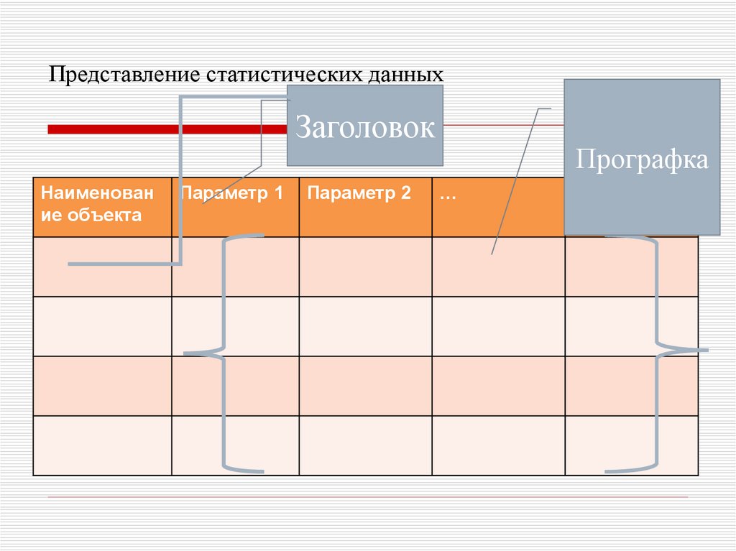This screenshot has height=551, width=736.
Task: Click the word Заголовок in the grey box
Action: pos(365,128)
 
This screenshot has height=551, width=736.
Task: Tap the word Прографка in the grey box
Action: pos(642,159)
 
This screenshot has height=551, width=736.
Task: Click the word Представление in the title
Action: pos(124,75)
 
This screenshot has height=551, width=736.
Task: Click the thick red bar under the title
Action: pos(165,129)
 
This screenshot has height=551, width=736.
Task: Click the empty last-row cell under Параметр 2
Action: pos(365,445)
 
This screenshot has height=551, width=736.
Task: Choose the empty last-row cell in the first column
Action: pos(102,445)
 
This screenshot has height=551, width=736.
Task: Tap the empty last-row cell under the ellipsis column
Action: pos(498,445)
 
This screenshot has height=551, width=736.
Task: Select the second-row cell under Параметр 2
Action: pos(365,326)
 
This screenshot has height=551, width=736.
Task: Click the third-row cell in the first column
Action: pos(102,386)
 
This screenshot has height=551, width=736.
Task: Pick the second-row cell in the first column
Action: pos(102,326)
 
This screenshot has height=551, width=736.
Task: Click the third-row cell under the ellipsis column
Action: pos(498,386)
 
